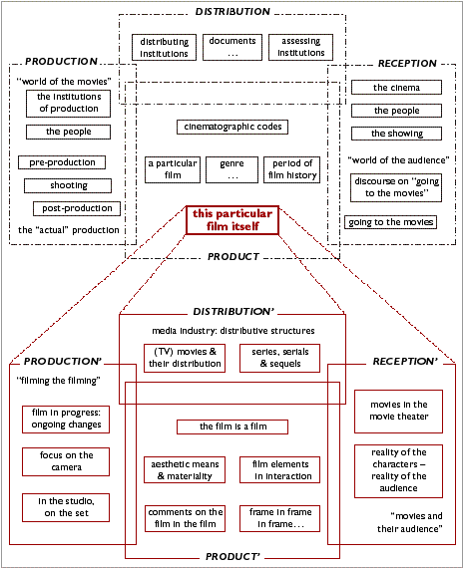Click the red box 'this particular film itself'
[x=232, y=220]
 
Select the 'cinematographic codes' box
[x=232, y=127]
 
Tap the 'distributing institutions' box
[x=164, y=48]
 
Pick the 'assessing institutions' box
[x=300, y=47]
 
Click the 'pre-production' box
[x=62, y=162]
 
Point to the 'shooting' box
[x=68, y=185]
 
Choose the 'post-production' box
[x=77, y=208]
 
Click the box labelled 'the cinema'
[x=396, y=88]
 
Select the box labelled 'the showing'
[x=396, y=134]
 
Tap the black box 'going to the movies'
[x=390, y=222]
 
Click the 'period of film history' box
[x=292, y=169]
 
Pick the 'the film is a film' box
[x=232, y=426]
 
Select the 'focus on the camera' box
[x=66, y=461]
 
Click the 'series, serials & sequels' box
[x=279, y=358]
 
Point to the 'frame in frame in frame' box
[x=279, y=518]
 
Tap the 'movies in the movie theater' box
[x=398, y=412]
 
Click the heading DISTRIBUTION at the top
[x=232, y=12]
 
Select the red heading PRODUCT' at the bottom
[x=232, y=556]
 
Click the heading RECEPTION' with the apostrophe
[x=405, y=361]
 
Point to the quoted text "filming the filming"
[x=59, y=381]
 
